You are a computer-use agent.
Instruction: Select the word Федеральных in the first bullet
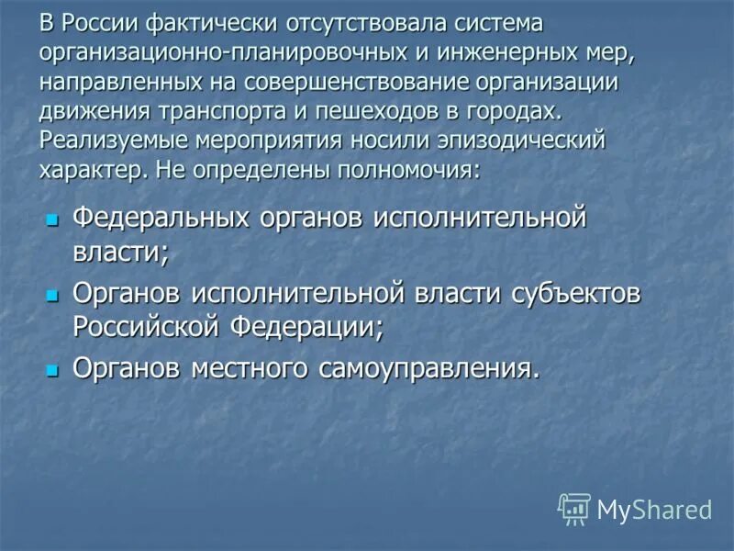(x=161, y=219)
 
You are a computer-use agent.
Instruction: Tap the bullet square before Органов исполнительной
(x=52, y=295)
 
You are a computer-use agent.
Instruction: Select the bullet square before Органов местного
(x=52, y=369)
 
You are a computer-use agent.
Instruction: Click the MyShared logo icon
(x=574, y=508)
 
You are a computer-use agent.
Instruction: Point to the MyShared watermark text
(x=654, y=510)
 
